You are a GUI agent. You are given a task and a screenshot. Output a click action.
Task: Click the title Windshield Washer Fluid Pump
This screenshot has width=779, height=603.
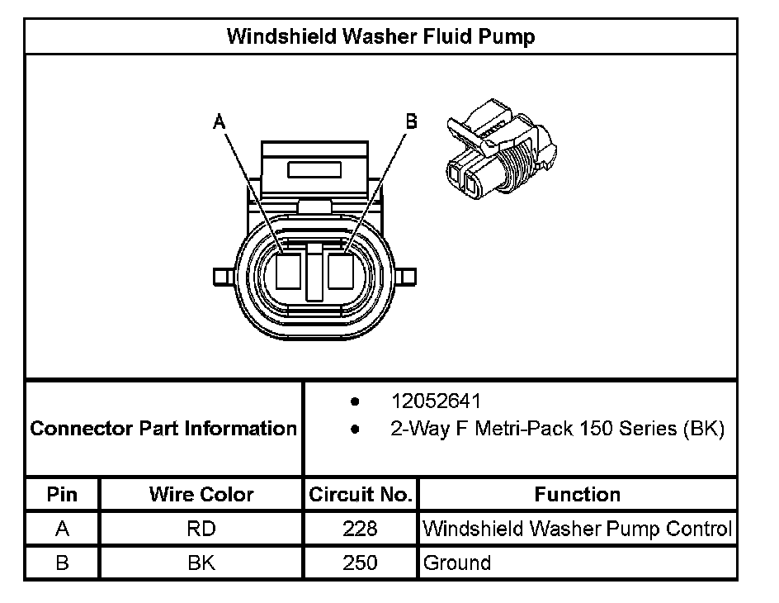tap(380, 37)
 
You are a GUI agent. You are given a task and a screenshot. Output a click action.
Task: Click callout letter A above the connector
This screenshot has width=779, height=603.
tap(219, 122)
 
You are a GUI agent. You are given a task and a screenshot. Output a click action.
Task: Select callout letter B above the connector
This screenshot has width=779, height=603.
tap(411, 121)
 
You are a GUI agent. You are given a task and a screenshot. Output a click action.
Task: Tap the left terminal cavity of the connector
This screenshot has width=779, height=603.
tap(289, 270)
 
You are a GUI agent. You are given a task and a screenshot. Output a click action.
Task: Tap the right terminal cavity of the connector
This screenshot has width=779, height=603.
tap(340, 270)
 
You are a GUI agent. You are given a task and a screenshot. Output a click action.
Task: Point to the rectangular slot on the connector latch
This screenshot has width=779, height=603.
tap(314, 169)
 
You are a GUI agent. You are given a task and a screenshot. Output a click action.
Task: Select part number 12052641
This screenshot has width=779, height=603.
tap(436, 401)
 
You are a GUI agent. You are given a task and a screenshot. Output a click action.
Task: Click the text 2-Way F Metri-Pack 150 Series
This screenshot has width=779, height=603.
tap(557, 430)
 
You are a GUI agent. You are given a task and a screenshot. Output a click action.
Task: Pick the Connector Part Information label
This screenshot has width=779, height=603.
tap(163, 429)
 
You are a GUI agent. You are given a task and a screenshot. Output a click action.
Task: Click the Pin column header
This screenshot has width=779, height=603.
tap(63, 495)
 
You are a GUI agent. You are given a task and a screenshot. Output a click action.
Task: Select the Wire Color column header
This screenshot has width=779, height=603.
tap(201, 495)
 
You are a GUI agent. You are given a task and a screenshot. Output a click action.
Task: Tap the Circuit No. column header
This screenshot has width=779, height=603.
tap(360, 495)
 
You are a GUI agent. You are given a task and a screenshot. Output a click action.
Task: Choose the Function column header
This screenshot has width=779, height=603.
tap(577, 495)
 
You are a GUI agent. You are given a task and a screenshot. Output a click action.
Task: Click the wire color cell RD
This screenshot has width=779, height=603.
tap(201, 529)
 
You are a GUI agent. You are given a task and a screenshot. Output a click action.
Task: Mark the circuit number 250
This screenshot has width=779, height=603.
tap(360, 563)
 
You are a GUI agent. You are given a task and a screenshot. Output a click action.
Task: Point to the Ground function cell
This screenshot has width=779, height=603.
tap(456, 563)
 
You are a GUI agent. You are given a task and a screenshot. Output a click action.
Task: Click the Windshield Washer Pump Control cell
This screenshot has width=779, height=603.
tap(577, 529)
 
